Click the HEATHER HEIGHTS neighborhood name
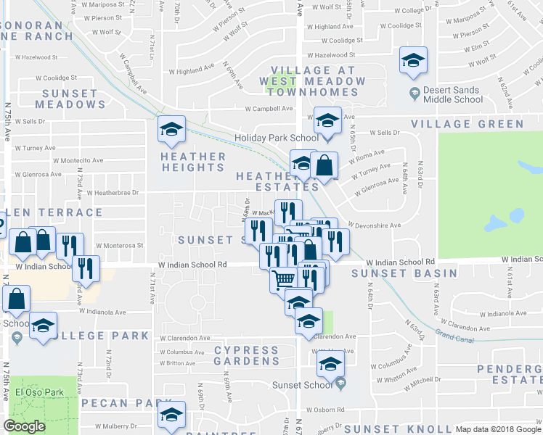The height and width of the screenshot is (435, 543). [x=193, y=162]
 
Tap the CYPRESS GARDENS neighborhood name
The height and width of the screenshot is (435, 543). [x=247, y=355]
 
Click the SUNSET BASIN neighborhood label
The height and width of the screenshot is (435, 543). [x=404, y=273]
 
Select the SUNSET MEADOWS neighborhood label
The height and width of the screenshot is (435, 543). [x=70, y=99]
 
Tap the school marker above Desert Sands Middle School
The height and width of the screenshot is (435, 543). [x=414, y=61]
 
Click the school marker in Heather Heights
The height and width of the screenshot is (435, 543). [x=172, y=130]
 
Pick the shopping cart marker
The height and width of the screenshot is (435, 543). [x=284, y=279]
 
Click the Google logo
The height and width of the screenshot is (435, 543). [x=25, y=426]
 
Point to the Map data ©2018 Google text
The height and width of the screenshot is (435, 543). [x=498, y=429]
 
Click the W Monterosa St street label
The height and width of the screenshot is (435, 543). [x=118, y=245]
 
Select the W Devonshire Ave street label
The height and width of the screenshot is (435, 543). [x=375, y=225]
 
